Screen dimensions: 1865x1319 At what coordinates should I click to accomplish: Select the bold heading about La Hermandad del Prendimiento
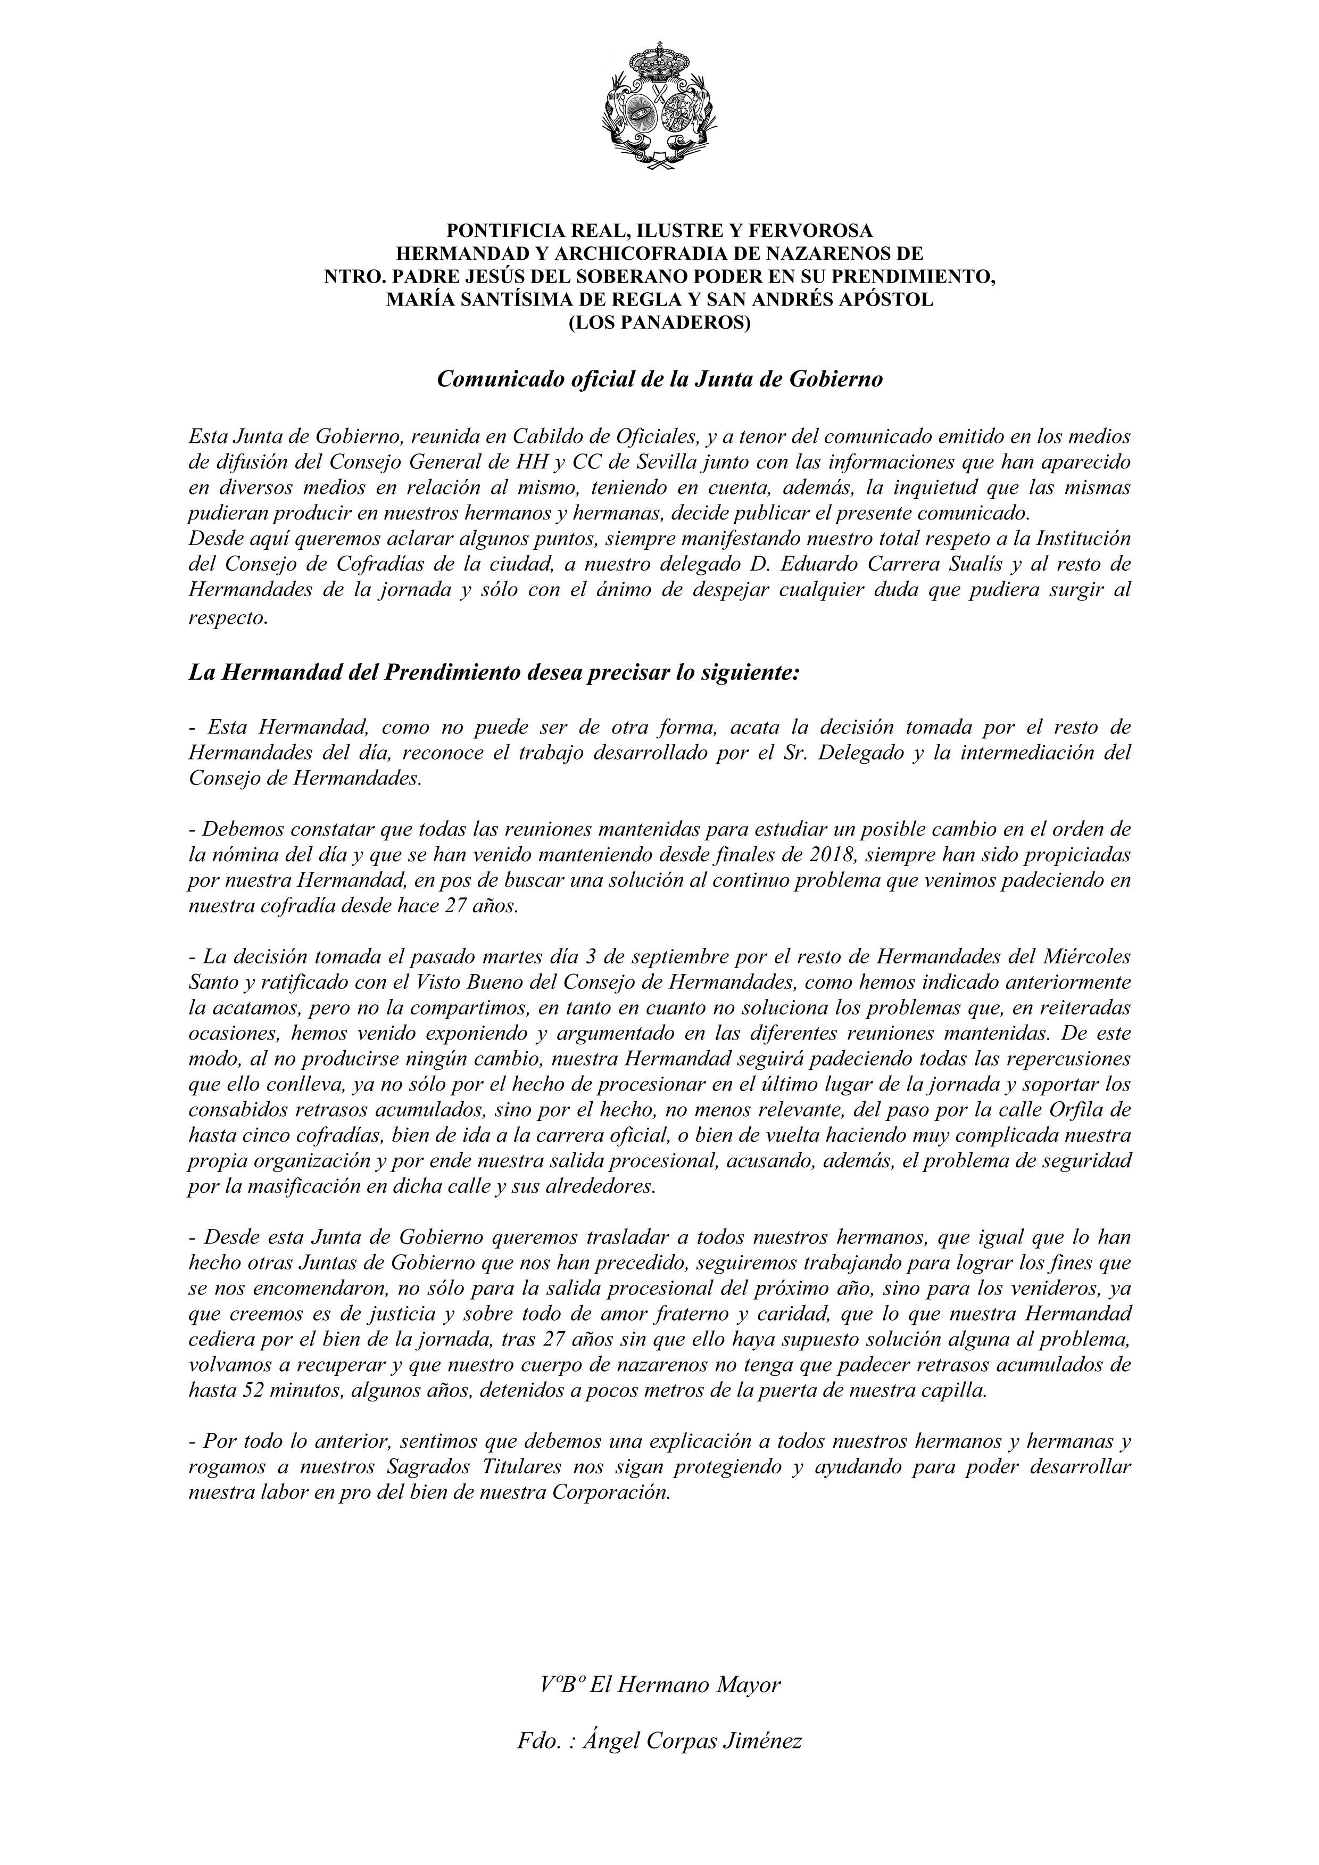(x=494, y=673)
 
